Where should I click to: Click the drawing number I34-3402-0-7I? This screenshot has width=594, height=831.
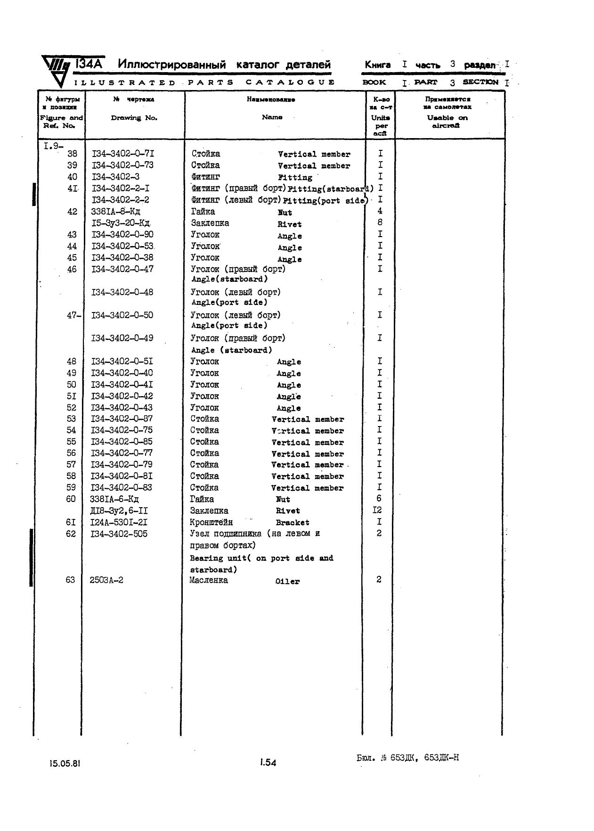pyautogui.click(x=122, y=154)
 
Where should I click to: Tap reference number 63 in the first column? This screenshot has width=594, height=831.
pyautogui.click(x=70, y=580)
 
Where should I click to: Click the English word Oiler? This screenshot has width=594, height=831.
pyautogui.click(x=287, y=582)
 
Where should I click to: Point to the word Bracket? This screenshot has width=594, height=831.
pyautogui.click(x=293, y=523)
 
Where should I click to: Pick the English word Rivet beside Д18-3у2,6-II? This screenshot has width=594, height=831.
pyautogui.click(x=288, y=511)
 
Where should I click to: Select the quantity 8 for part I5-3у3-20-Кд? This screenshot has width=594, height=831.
pyautogui.click(x=380, y=222)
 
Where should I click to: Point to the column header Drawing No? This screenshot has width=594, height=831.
pyautogui.click(x=134, y=118)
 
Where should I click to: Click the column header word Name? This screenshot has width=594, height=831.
pyautogui.click(x=272, y=117)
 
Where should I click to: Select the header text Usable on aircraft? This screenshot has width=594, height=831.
pyautogui.click(x=447, y=122)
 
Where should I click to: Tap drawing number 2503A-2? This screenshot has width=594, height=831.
pyautogui.click(x=106, y=580)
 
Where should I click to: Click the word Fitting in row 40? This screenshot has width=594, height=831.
pyautogui.click(x=295, y=178)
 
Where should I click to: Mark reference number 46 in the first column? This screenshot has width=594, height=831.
pyautogui.click(x=72, y=270)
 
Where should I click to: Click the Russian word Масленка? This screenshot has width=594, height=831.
pyautogui.click(x=209, y=580)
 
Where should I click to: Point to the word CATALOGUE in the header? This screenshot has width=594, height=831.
pyautogui.click(x=290, y=82)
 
